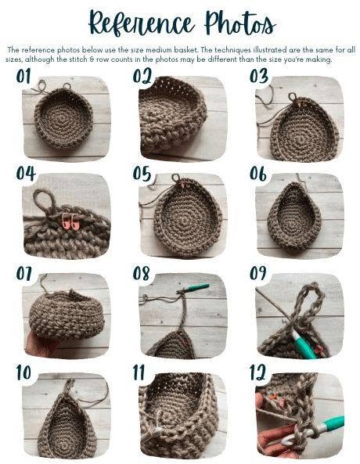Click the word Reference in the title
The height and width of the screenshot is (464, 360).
[x=142, y=23]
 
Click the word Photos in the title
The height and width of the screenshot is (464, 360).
[x=240, y=22]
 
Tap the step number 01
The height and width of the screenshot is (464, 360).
[x=23, y=77]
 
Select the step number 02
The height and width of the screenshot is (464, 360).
[x=142, y=76]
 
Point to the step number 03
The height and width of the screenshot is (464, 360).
[x=259, y=76]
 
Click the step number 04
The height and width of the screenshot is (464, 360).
[x=26, y=174]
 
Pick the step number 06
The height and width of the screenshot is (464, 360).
[x=258, y=174]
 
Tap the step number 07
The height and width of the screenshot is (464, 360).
[x=24, y=273]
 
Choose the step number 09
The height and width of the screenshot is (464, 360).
[x=257, y=273]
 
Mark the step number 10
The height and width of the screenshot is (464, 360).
[x=23, y=372]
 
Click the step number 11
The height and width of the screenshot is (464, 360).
[x=139, y=372]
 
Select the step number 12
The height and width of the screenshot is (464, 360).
[x=257, y=372]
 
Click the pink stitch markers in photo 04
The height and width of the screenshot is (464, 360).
[x=70, y=221]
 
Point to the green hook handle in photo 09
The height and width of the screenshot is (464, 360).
[x=303, y=344]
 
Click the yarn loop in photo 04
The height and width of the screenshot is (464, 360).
[x=45, y=200]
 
